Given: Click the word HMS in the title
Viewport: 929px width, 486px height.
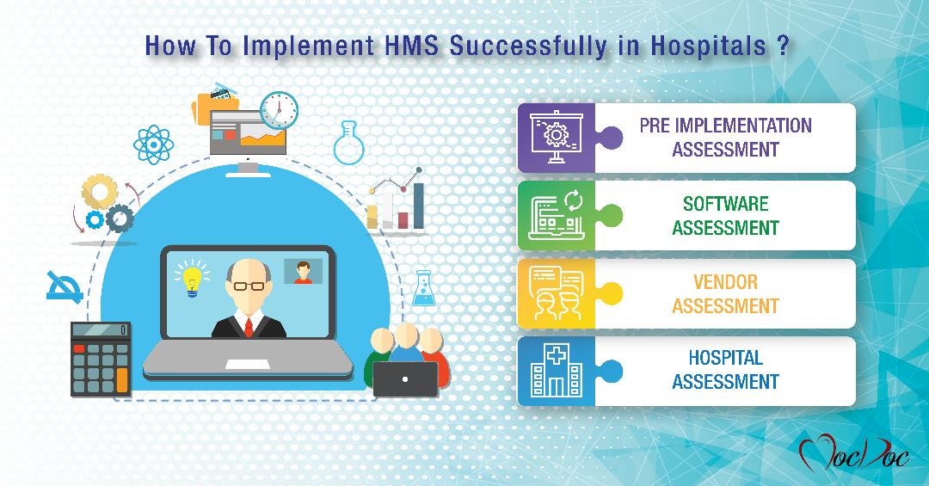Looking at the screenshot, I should (410, 46).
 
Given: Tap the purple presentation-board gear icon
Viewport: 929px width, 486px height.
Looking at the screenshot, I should (556, 138).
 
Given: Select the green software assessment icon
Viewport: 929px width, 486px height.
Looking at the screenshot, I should (556, 215).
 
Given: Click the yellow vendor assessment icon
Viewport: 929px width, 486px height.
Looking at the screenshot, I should (556, 293).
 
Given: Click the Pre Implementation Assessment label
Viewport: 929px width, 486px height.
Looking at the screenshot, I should (725, 138).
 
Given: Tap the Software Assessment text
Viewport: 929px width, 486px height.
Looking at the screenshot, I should (725, 216).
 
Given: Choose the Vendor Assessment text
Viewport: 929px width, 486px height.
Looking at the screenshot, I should (725, 294).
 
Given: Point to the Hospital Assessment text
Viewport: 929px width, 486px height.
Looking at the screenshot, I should (725, 370).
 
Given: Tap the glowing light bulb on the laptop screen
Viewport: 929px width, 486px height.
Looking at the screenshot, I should (192, 278).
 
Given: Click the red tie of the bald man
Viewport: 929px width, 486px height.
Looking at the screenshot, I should (249, 325).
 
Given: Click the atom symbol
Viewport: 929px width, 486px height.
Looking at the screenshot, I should (154, 144).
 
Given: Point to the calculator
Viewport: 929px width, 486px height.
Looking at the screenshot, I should (101, 357).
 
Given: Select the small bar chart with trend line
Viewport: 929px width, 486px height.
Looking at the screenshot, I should (397, 202).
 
